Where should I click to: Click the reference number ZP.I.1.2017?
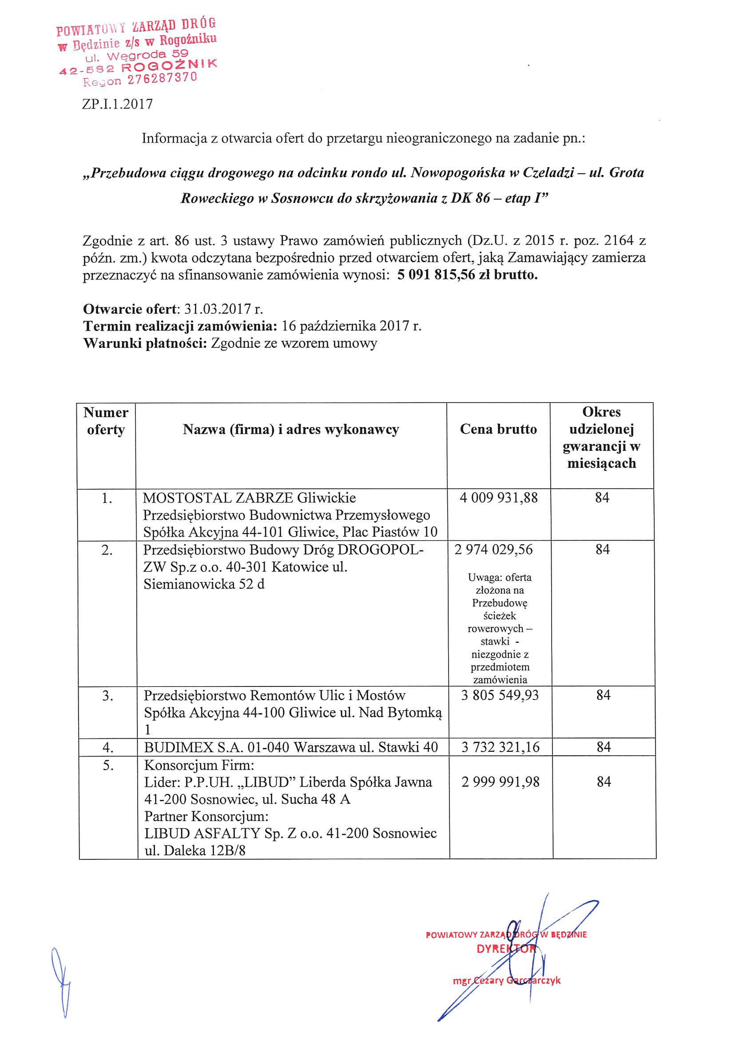pyautogui.click(x=117, y=105)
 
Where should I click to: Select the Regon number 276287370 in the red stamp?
pyautogui.click(x=162, y=79)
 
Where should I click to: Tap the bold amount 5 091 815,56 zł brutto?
pyautogui.click(x=467, y=275)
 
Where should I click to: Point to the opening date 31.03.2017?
pyautogui.click(x=219, y=310)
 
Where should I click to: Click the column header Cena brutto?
pyautogui.click(x=498, y=429)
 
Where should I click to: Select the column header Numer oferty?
pyautogui.click(x=106, y=421)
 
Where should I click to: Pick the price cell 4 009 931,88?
pyautogui.click(x=499, y=498)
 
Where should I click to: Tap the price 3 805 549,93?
pyautogui.click(x=500, y=695)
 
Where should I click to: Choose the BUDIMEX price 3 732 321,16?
pyautogui.click(x=500, y=747)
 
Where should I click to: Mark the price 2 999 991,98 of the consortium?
pyautogui.click(x=500, y=782)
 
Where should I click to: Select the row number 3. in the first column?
pyautogui.click(x=107, y=695)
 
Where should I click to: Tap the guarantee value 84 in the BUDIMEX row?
pyautogui.click(x=604, y=747)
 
